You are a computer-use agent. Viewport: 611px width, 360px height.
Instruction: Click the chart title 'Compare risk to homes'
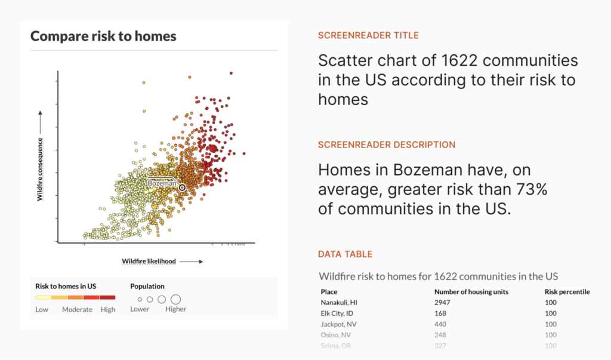(103, 36)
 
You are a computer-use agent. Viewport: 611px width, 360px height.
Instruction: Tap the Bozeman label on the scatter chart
(162, 184)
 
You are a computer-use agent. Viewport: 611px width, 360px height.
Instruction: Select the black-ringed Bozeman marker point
(182, 187)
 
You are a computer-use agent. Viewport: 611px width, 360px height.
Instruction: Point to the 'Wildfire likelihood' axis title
(149, 261)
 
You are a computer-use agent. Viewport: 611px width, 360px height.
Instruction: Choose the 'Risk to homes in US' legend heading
(66, 286)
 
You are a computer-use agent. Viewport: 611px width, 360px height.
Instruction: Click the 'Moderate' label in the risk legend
(77, 309)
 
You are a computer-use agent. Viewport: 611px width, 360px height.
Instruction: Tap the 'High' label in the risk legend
(108, 309)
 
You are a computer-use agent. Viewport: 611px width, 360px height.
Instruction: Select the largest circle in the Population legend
(175, 299)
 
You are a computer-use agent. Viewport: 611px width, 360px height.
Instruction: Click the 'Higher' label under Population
(176, 309)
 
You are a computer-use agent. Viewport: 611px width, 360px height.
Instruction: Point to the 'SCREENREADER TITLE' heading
(368, 35)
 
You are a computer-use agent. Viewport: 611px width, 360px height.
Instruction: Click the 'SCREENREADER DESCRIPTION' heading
(386, 144)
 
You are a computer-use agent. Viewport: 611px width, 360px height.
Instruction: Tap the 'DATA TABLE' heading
(345, 254)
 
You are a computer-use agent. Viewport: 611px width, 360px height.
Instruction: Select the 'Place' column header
(329, 292)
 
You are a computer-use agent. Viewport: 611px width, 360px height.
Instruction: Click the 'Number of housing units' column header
(471, 292)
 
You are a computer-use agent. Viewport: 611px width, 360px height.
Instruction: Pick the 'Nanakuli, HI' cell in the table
(340, 303)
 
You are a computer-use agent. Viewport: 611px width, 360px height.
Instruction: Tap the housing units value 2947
(443, 303)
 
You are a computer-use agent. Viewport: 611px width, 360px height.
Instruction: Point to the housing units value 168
(440, 313)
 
